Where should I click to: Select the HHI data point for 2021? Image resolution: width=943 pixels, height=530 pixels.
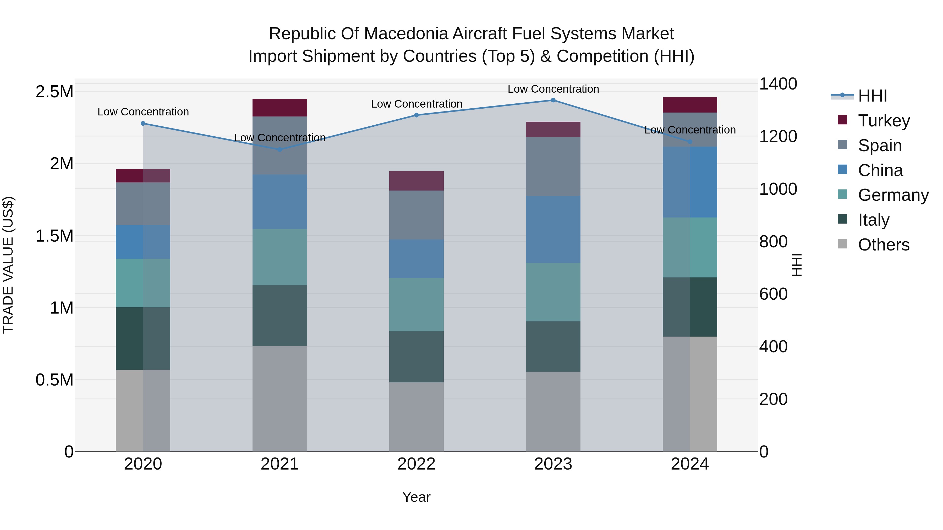click(x=280, y=150)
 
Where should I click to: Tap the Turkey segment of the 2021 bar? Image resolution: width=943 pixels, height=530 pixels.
click(x=280, y=108)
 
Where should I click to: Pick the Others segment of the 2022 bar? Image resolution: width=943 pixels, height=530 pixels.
click(x=416, y=417)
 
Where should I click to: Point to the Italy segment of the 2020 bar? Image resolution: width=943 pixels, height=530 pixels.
click(x=143, y=338)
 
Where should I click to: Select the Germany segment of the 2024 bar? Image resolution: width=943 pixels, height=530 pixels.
click(x=690, y=247)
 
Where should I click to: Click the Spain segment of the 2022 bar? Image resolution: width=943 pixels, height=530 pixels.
click(x=416, y=215)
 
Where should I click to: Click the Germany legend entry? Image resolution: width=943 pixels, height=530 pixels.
click(x=893, y=195)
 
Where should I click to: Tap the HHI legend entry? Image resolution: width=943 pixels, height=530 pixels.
click(x=872, y=96)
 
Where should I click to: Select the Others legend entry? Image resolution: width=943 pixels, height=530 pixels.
click(x=883, y=245)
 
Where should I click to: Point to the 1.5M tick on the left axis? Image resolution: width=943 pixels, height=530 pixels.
click(x=54, y=236)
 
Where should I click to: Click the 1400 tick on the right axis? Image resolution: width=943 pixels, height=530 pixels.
click(x=778, y=84)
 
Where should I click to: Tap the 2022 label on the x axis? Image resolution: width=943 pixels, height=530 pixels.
click(x=416, y=464)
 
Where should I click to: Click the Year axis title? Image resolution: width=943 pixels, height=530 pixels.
click(x=416, y=497)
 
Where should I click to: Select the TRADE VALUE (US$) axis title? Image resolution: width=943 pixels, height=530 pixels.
click(x=8, y=265)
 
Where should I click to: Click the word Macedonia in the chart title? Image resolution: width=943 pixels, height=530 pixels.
click(x=407, y=34)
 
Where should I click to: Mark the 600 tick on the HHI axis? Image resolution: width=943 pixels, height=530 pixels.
click(x=773, y=294)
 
